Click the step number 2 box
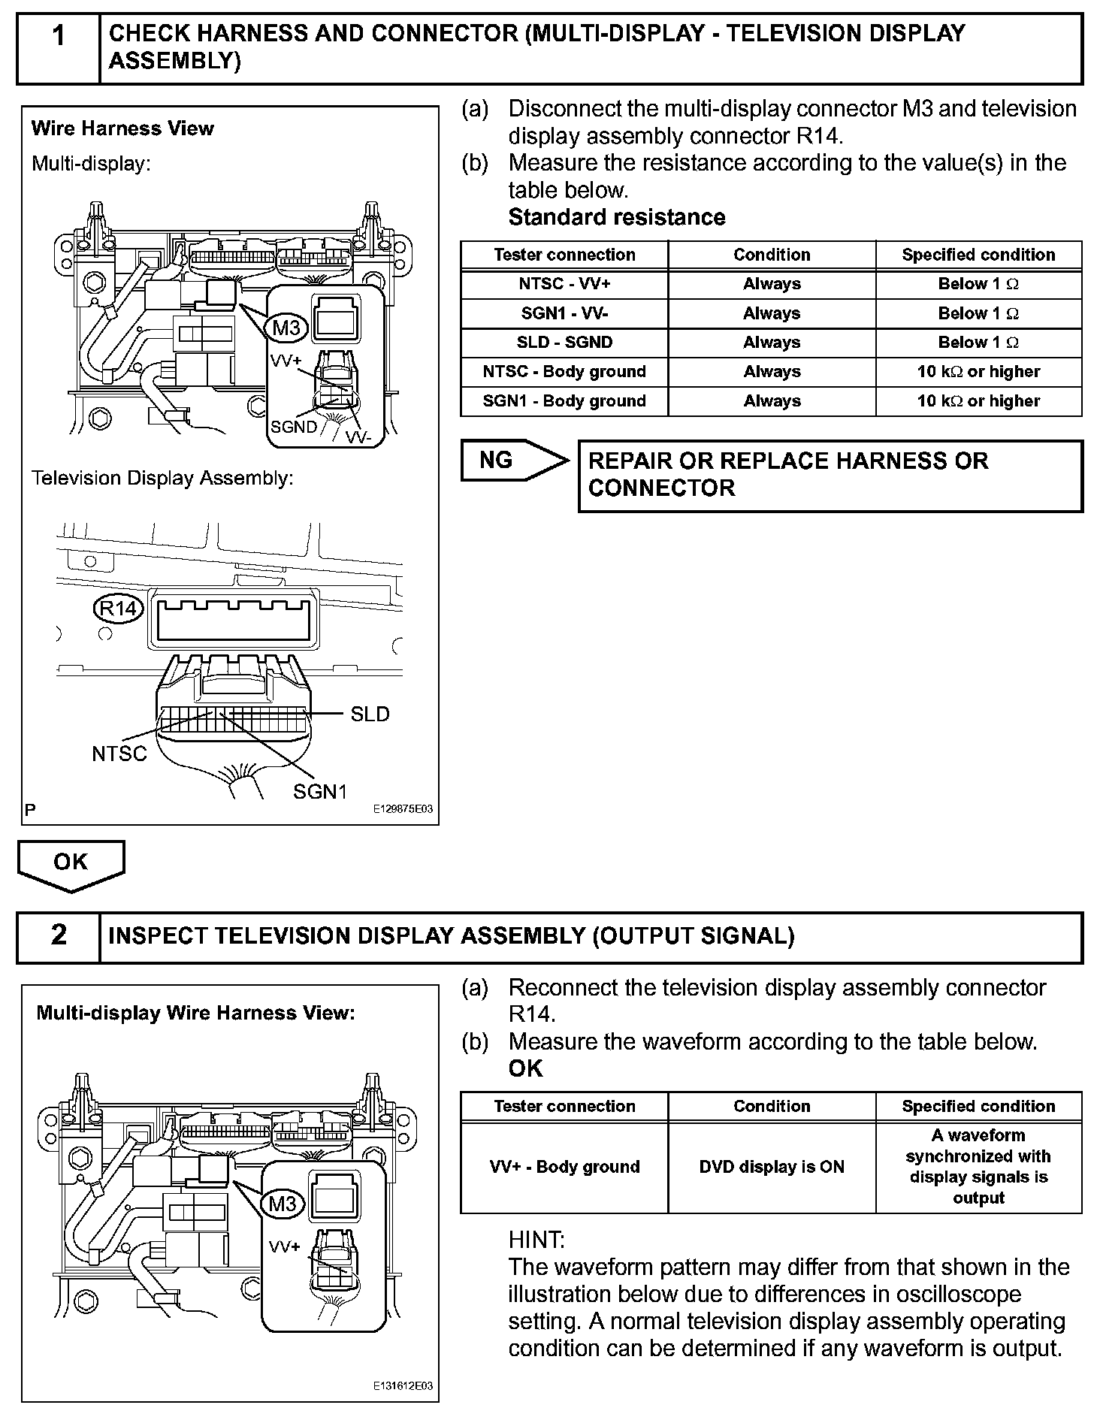click(x=59, y=936)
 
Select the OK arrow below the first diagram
click(x=71, y=863)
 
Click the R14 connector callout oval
click(x=118, y=608)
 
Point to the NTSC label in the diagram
click(x=119, y=754)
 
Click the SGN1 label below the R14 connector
click(x=320, y=791)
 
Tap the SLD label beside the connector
click(x=370, y=715)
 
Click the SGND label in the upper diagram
click(x=294, y=427)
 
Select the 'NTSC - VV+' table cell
click(x=564, y=284)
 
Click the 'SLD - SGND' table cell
click(x=564, y=343)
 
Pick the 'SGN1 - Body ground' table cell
click(x=564, y=401)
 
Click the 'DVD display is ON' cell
click(x=772, y=1167)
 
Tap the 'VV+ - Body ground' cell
click(x=564, y=1167)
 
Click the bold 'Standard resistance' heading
click(x=617, y=217)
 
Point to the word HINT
click(x=536, y=1239)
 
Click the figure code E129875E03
click(x=403, y=810)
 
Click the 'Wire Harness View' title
click(x=122, y=128)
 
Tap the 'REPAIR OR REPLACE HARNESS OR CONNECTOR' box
click(x=830, y=475)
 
